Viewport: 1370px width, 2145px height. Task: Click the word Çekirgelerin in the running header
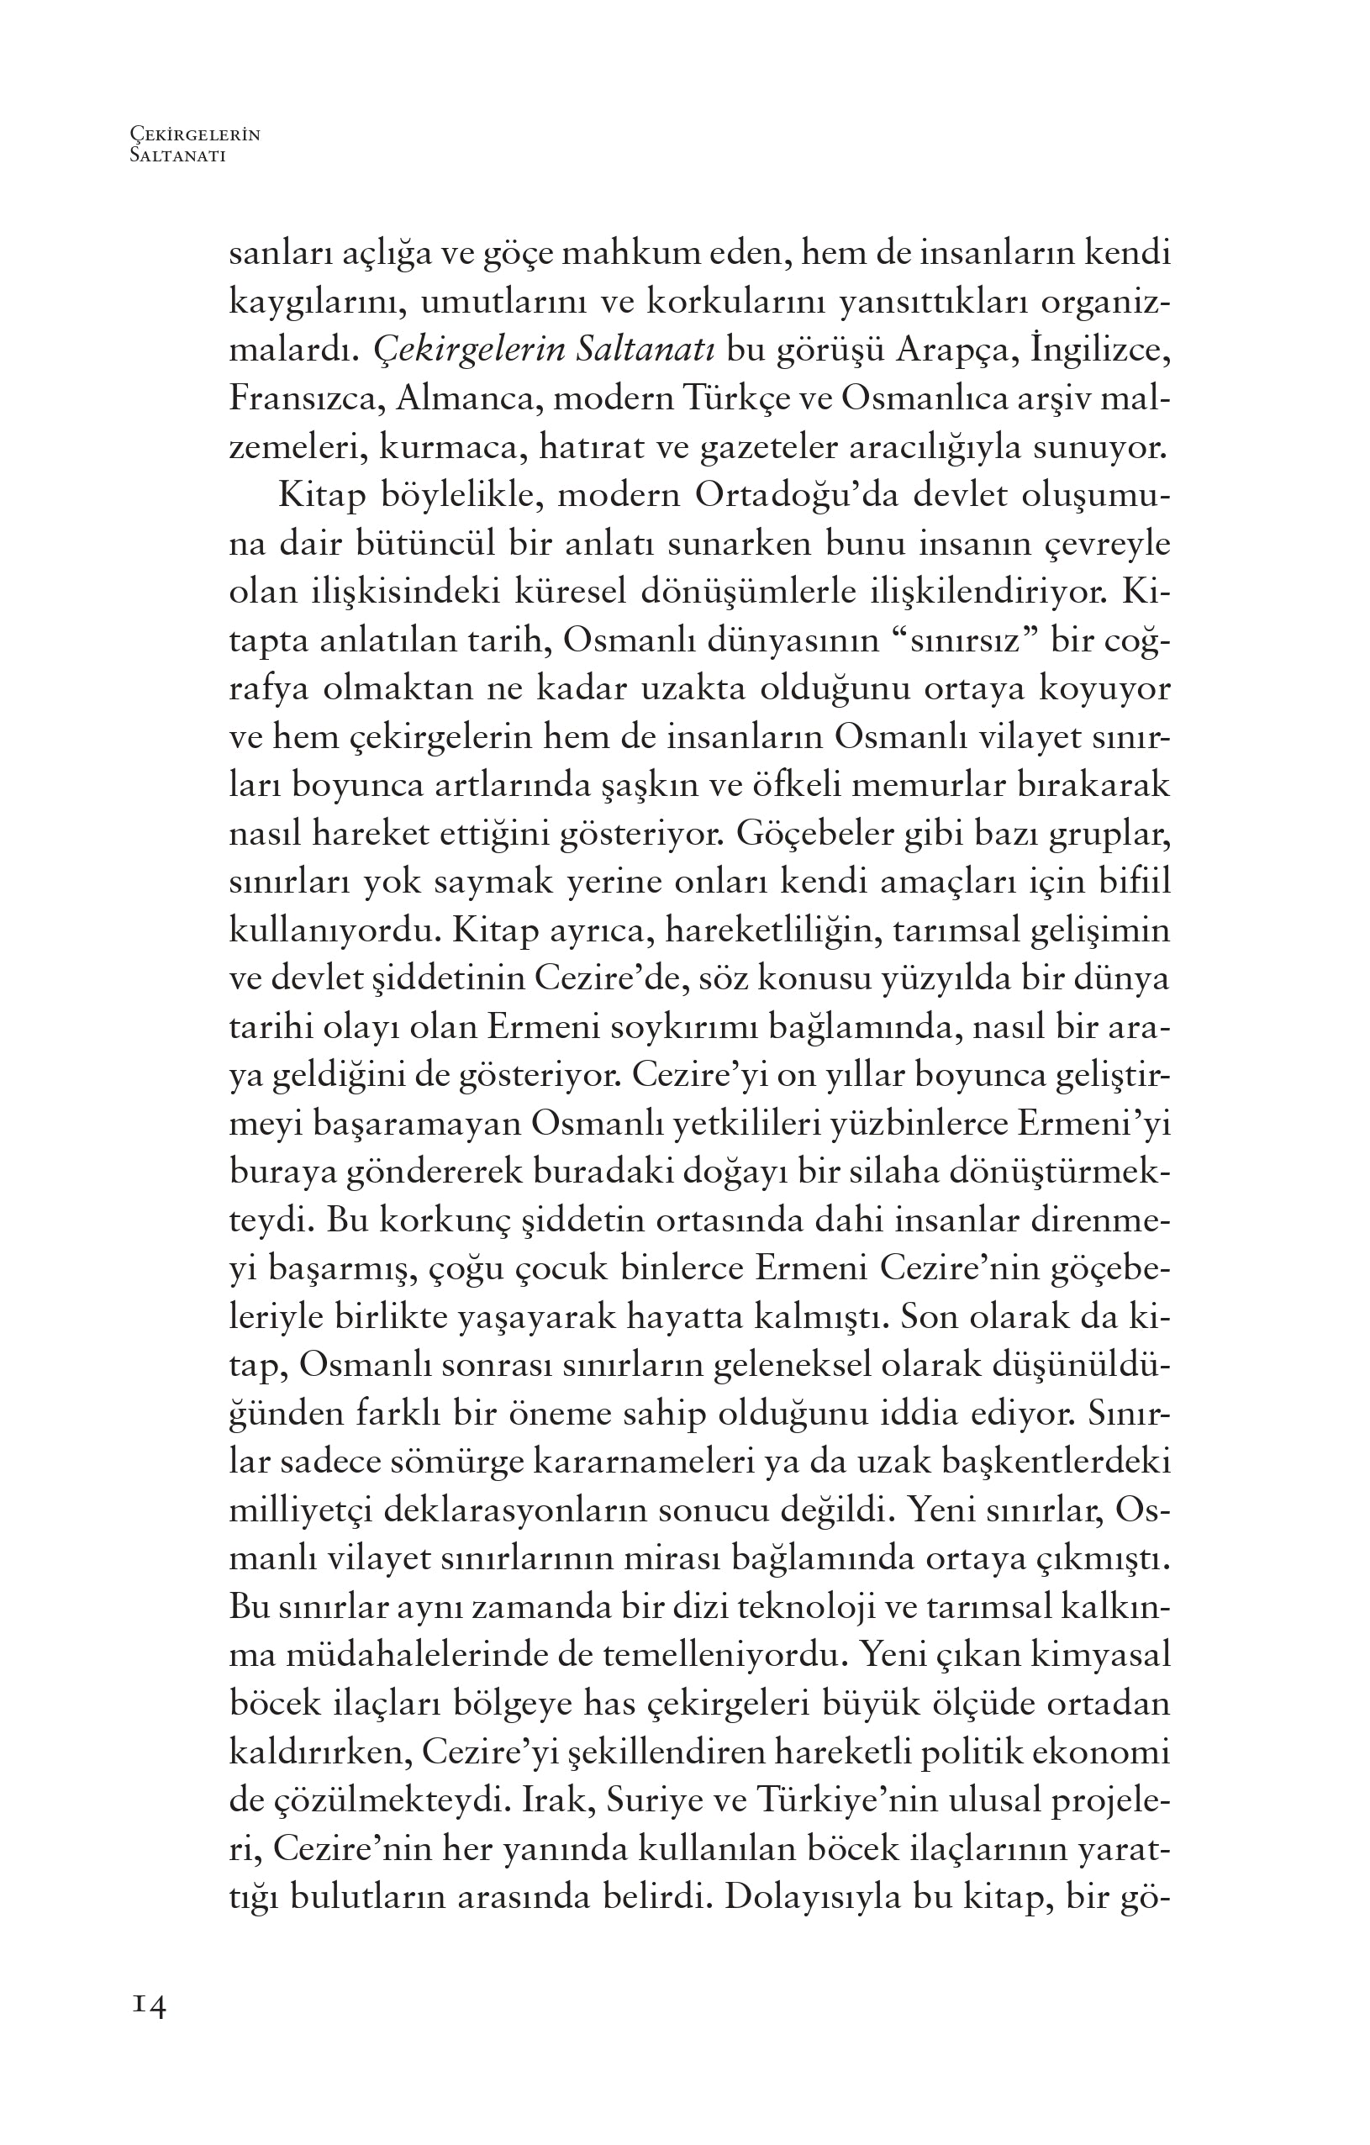[194, 134]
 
